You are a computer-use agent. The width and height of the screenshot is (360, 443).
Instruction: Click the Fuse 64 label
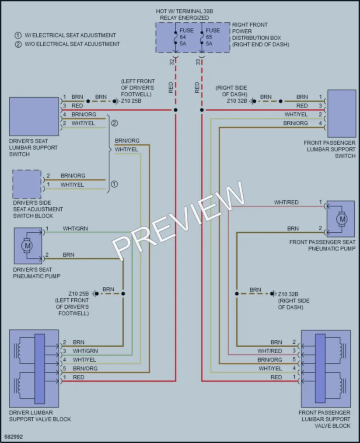click(x=186, y=37)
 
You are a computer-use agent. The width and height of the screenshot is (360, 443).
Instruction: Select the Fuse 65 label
click(x=213, y=37)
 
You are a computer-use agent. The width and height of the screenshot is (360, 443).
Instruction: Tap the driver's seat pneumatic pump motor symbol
click(x=28, y=245)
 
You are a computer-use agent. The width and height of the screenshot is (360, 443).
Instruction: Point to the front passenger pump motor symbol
click(x=342, y=219)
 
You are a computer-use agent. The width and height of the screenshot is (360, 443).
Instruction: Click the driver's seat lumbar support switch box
click(x=34, y=116)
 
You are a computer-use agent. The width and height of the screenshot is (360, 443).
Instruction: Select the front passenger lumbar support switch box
click(x=342, y=114)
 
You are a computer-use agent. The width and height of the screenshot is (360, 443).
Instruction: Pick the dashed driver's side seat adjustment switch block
click(x=27, y=184)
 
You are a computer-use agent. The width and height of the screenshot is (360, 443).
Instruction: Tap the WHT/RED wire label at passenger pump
click(x=286, y=202)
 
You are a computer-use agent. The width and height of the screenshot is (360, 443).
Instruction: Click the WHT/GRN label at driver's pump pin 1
click(x=75, y=229)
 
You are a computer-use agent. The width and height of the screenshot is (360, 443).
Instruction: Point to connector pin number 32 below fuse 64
click(x=171, y=62)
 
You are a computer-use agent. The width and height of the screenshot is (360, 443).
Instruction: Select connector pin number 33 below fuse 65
click(x=198, y=62)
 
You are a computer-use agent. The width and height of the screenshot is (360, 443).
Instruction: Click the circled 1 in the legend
click(x=18, y=35)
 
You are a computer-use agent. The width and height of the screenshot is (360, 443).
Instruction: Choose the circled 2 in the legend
click(x=18, y=44)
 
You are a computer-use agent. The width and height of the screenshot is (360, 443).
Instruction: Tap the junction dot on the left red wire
click(x=175, y=110)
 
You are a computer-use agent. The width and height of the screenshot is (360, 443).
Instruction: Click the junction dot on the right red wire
click(x=202, y=110)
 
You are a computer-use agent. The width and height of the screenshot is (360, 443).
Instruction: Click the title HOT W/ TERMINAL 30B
click(x=184, y=11)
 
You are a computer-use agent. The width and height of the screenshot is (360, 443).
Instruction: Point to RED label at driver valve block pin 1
click(x=78, y=377)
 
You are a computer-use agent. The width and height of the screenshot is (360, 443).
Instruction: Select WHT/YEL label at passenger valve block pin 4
click(x=270, y=368)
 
